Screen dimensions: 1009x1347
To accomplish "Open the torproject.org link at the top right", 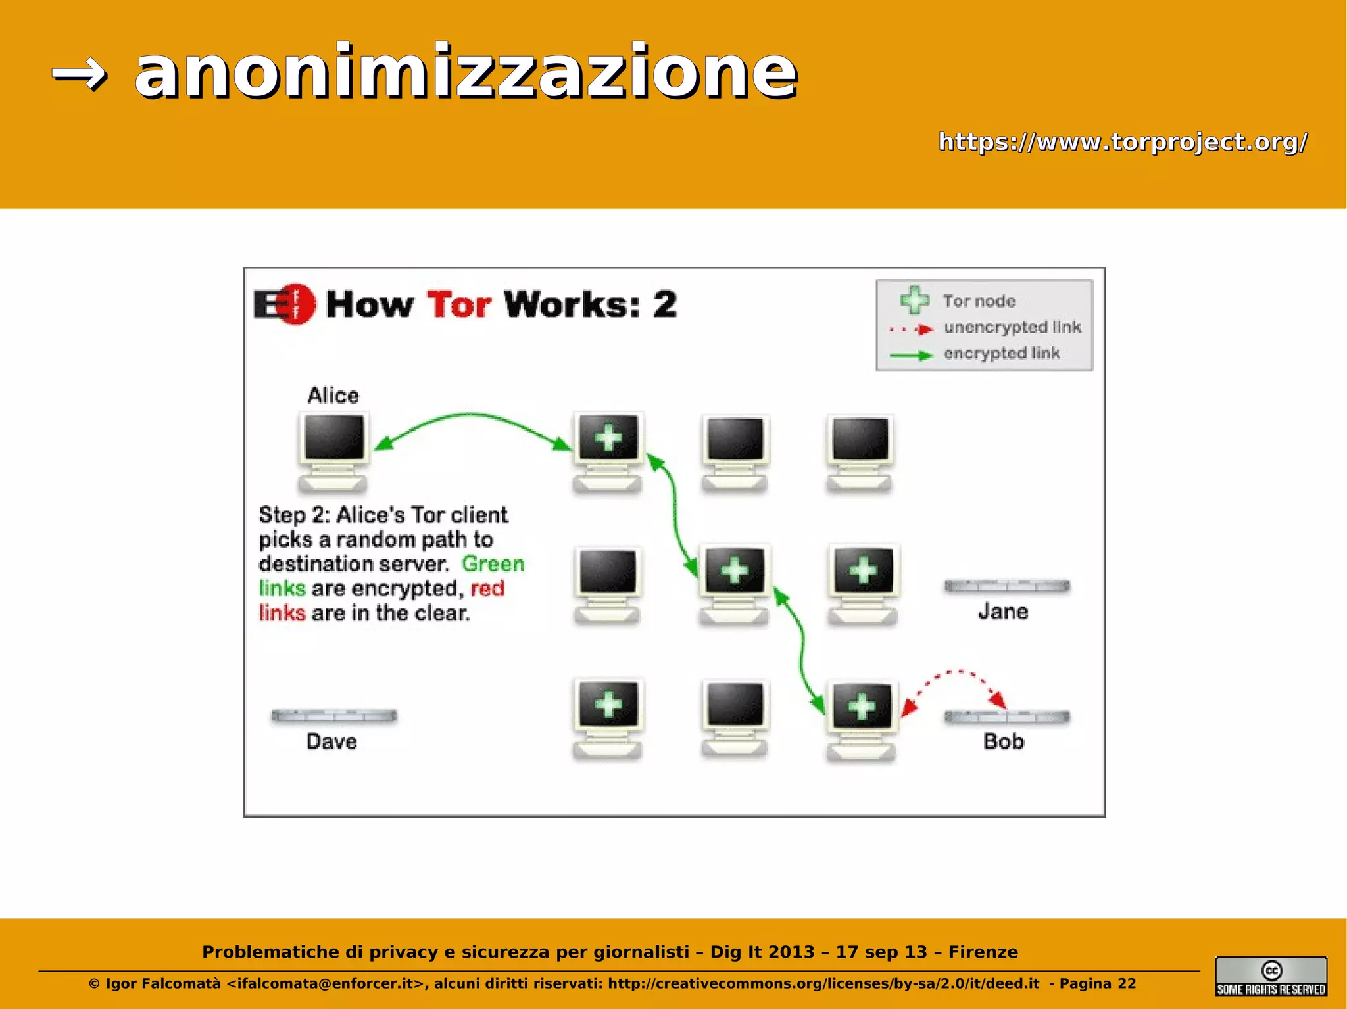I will (1123, 141).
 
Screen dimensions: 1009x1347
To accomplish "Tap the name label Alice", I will (333, 396).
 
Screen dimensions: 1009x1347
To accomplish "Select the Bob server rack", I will (1006, 716).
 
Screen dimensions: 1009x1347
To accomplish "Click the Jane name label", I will (1003, 611).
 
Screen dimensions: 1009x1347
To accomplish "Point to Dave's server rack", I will (334, 716).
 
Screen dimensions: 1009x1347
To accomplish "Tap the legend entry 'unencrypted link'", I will (1012, 327).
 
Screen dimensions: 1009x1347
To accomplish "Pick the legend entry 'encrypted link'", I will (1002, 354).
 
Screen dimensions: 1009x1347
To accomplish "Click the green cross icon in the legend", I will (914, 300).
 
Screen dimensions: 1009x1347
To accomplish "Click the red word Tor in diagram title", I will (459, 305).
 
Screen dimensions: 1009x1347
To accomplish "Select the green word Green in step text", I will (493, 564).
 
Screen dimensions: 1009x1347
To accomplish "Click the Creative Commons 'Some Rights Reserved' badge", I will (1271, 976).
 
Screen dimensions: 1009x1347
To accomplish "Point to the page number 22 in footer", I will (1127, 983).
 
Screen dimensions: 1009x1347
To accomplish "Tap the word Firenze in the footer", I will (983, 952).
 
